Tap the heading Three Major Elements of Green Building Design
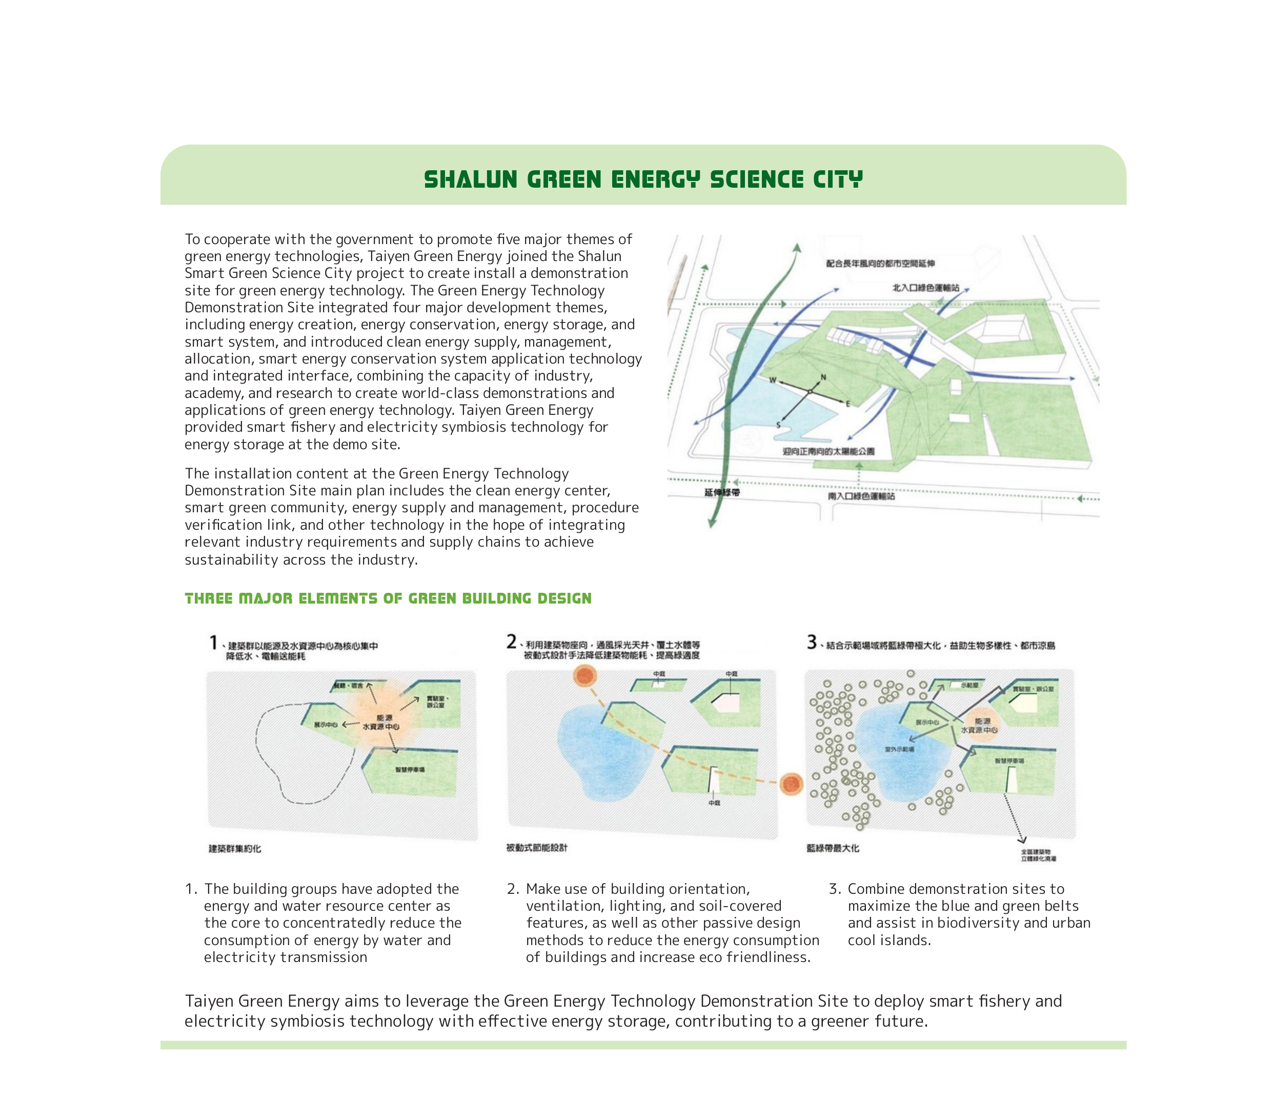coord(388,598)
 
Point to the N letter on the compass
coord(823,377)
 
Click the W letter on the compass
coord(773,380)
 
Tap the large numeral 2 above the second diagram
coord(512,642)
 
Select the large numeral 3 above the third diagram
coord(812,642)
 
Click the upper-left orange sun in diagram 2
coord(584,676)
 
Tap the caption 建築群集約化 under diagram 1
coord(235,849)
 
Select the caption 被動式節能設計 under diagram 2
coord(537,848)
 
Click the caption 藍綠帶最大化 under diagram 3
coord(833,848)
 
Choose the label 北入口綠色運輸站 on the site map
coord(926,288)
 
